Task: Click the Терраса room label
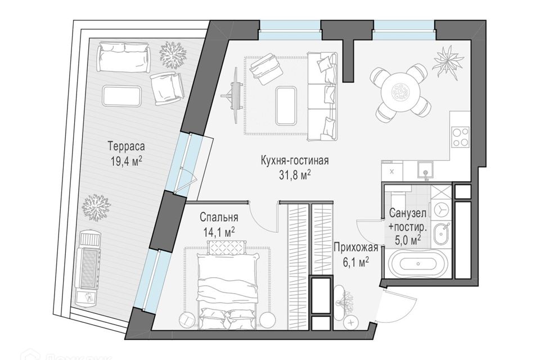tap(126, 146)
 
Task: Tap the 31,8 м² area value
tap(294, 175)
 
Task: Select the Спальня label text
tap(219, 217)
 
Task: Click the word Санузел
tap(408, 213)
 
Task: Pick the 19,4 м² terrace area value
tap(127, 161)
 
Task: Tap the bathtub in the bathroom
tap(418, 264)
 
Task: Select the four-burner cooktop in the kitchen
tap(461, 137)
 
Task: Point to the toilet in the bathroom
tap(440, 209)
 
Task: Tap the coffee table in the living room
tap(286, 105)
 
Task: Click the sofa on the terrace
tap(124, 56)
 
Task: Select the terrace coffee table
tap(122, 96)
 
